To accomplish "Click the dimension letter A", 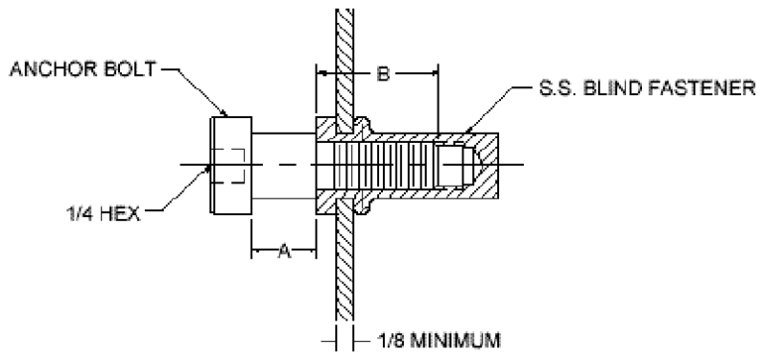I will pos(282,252).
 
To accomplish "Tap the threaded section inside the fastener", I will pos(382,163).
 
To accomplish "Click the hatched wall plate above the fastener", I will pos(342,60).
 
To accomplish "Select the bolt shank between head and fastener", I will pos(282,163).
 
